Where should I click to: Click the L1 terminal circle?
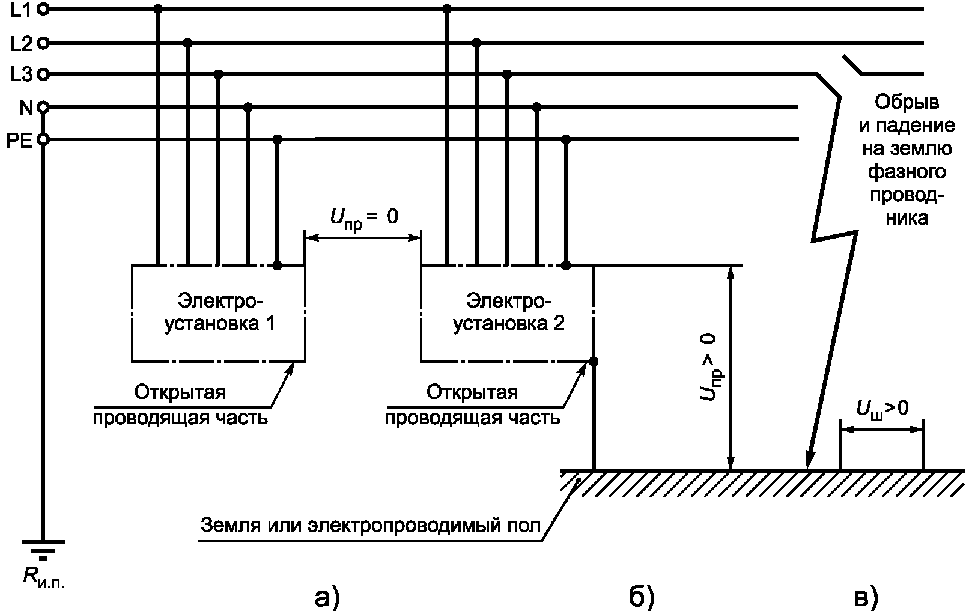click(x=43, y=10)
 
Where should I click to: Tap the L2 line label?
click(x=21, y=43)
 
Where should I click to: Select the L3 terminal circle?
click(x=43, y=74)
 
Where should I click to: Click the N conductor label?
click(x=26, y=108)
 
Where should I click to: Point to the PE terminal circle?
click(x=43, y=140)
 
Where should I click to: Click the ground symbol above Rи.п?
click(x=43, y=548)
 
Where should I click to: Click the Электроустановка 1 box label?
click(x=220, y=311)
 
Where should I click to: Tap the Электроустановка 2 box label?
click(x=509, y=311)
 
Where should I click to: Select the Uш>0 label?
click(x=881, y=409)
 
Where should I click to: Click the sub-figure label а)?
click(x=327, y=597)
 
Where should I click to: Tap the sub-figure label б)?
click(x=641, y=597)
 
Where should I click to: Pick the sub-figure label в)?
click(x=866, y=597)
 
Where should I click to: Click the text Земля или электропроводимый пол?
click(x=370, y=526)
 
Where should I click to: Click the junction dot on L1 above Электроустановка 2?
click(x=446, y=10)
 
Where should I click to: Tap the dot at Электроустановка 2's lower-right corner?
click(x=594, y=362)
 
